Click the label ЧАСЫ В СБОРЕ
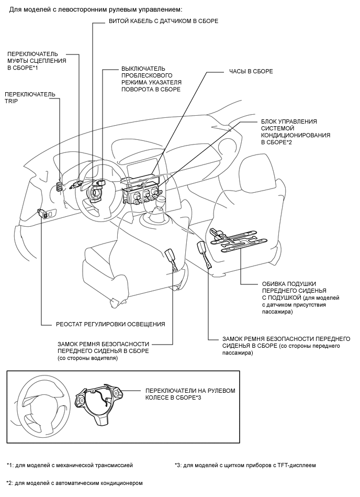coord(251,71)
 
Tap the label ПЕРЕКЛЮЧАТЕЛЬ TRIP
coord(30,97)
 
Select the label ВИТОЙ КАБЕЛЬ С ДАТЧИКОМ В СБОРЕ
coord(164,21)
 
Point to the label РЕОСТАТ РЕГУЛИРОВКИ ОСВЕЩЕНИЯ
coord(110,324)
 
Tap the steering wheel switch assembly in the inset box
coord(99,403)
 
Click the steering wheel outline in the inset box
coord(39,403)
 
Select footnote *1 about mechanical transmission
coord(70,465)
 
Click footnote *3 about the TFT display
coord(245,465)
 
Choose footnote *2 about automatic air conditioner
coord(74,483)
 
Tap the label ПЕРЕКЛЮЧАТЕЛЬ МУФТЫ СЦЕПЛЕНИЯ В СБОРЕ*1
coord(37,61)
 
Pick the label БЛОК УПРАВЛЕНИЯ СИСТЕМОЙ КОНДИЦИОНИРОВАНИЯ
coord(296,132)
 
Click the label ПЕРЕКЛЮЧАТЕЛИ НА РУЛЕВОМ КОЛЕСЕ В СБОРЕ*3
coord(190,394)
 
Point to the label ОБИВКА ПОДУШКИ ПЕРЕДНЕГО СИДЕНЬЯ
coord(300,297)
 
